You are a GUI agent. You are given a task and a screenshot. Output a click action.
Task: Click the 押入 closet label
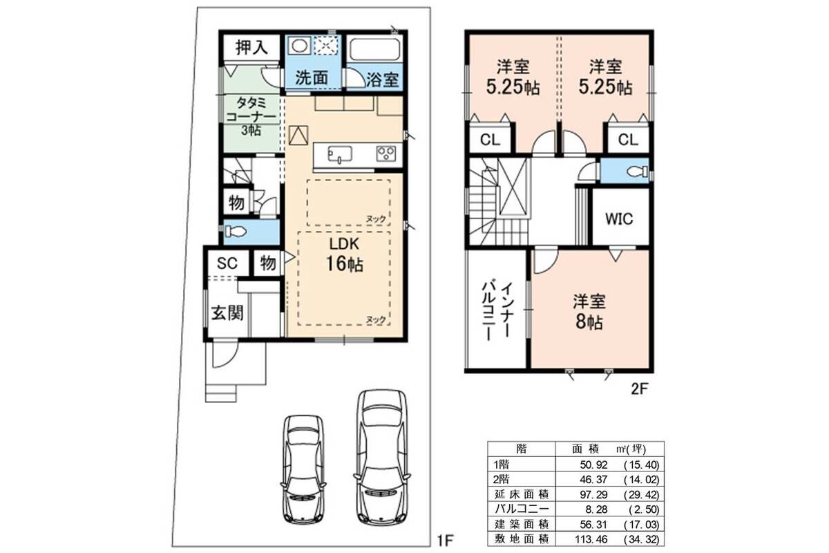(x=251, y=48)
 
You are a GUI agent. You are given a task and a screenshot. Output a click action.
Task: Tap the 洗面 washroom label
(x=312, y=78)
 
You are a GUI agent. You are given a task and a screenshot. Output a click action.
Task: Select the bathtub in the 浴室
(x=374, y=49)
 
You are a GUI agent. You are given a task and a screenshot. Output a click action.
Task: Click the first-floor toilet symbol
(x=236, y=232)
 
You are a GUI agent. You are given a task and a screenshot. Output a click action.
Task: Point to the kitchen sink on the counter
(x=340, y=154)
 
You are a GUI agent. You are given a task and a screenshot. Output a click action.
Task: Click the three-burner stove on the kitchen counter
(x=386, y=153)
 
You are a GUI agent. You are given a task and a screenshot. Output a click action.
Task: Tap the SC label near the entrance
(x=227, y=263)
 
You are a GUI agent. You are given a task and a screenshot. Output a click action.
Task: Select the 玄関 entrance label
(x=227, y=313)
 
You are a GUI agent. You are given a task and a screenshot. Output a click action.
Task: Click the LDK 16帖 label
(x=344, y=254)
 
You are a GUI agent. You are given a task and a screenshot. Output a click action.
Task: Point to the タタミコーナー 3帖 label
(x=251, y=116)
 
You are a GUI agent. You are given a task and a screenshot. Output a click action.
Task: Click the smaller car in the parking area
(x=303, y=469)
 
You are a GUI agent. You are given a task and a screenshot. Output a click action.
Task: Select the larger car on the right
(x=382, y=458)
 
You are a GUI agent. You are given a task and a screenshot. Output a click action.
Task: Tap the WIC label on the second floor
(x=619, y=219)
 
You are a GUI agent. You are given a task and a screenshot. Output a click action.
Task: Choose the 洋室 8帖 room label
(x=589, y=312)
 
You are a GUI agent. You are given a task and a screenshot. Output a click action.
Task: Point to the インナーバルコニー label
(x=497, y=312)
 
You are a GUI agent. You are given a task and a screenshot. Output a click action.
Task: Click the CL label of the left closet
(x=490, y=140)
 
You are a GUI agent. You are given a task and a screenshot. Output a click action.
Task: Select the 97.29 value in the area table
(x=593, y=494)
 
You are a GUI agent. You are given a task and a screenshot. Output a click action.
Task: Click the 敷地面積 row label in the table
(x=522, y=539)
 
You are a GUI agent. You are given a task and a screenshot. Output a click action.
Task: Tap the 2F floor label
(x=639, y=389)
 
